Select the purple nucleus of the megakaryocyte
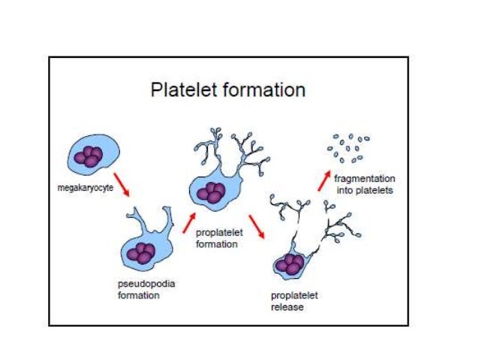pos(92,156)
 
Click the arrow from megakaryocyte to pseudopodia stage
pos(120,185)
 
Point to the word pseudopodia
pos(142,284)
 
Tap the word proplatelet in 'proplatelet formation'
pos(217,234)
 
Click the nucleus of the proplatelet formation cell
pos(211,191)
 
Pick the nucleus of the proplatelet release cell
pos(291,265)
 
